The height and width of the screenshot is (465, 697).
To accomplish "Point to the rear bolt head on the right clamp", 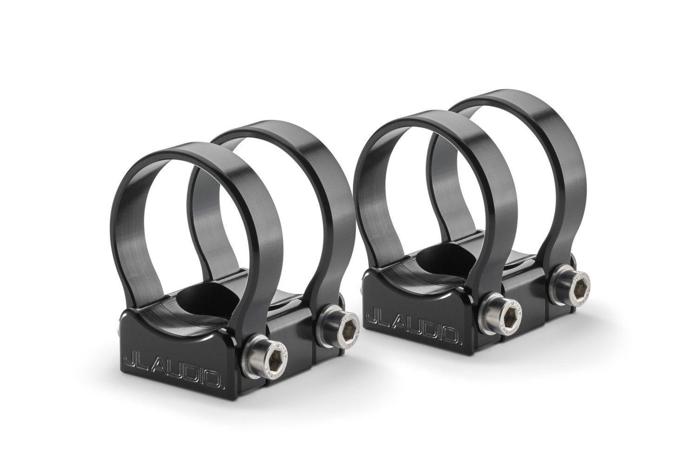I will pyautogui.click(x=575, y=290).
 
